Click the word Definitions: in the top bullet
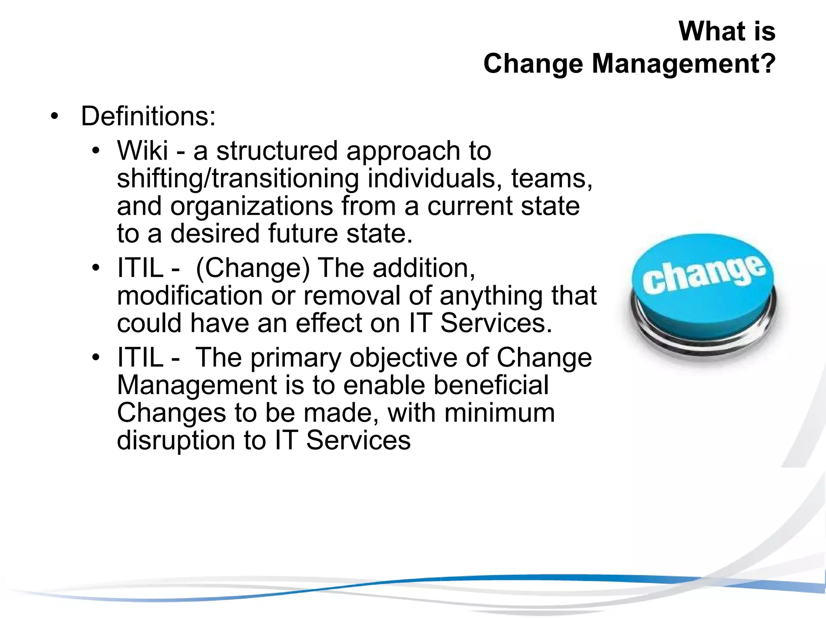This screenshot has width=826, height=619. pyautogui.click(x=148, y=116)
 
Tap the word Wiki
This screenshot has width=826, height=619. pyautogui.click(x=142, y=151)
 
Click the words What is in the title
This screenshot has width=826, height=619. pyautogui.click(x=727, y=31)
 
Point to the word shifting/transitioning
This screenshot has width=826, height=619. pyautogui.click(x=238, y=179)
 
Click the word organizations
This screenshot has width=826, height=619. pyautogui.click(x=251, y=206)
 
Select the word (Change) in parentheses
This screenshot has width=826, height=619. pyautogui.click(x=252, y=268)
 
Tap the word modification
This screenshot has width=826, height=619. pyautogui.click(x=190, y=295)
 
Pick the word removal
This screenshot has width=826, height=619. pyautogui.click(x=352, y=295)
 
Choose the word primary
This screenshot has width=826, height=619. pyautogui.click(x=296, y=358)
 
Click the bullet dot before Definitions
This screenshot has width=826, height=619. pyautogui.click(x=54, y=117)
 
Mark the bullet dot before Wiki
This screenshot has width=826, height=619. pyautogui.click(x=95, y=152)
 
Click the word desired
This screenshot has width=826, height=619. pyautogui.click(x=215, y=233)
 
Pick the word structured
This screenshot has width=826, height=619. pyautogui.click(x=277, y=151)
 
